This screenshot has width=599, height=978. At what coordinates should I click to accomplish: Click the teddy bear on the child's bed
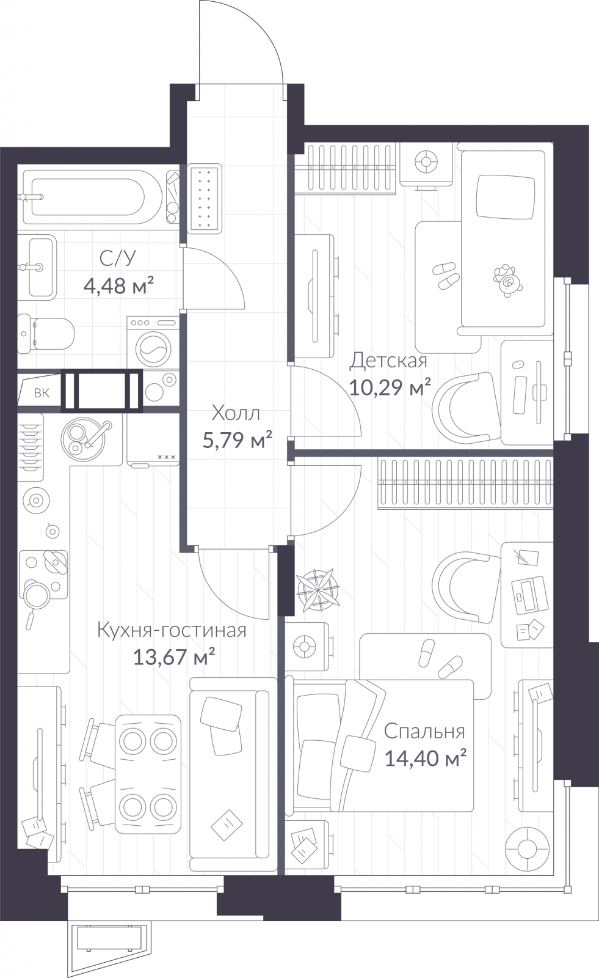click(x=508, y=280)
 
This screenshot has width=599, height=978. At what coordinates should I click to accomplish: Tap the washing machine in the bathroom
click(x=153, y=342)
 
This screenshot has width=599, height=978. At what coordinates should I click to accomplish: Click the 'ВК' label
click(x=42, y=394)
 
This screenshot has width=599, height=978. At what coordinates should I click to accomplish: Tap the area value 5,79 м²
click(x=238, y=440)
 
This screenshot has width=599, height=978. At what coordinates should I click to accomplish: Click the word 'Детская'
click(x=388, y=361)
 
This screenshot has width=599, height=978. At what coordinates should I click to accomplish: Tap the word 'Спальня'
click(x=424, y=731)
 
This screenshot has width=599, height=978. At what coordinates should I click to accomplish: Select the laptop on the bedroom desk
click(x=529, y=595)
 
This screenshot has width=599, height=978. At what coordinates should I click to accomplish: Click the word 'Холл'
click(x=236, y=413)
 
